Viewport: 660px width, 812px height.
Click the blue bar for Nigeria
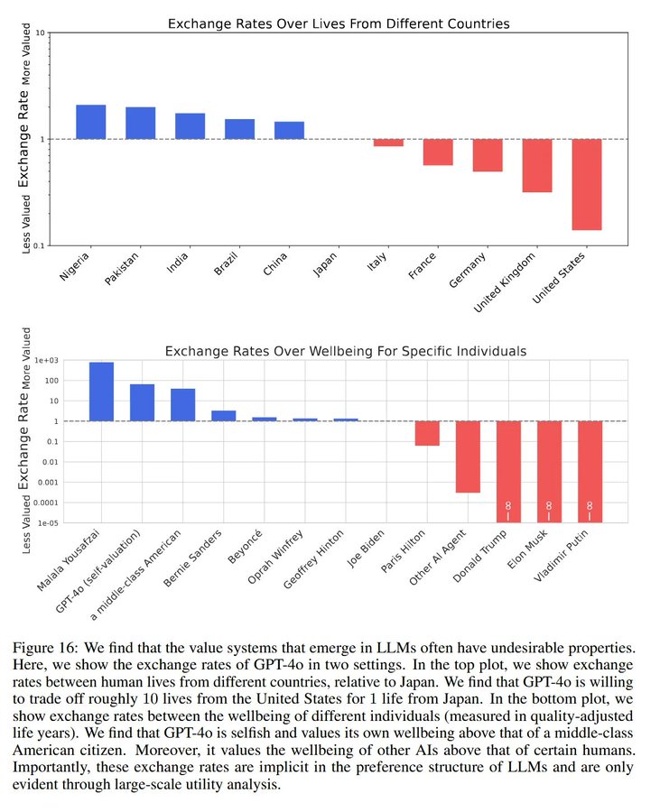click(x=91, y=122)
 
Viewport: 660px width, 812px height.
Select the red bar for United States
click(x=586, y=184)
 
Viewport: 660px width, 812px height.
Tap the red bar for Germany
click(x=488, y=155)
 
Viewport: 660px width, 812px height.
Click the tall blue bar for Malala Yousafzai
click(x=101, y=392)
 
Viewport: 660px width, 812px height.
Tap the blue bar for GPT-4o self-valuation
click(x=142, y=402)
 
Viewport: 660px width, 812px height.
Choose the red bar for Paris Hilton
click(x=427, y=433)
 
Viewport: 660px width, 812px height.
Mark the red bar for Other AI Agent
click(x=468, y=457)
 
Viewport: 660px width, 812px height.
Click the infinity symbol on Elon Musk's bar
click(x=549, y=507)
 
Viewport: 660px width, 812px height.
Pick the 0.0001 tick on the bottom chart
click(x=42, y=503)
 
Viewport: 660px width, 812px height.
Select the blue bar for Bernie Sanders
click(x=223, y=416)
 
